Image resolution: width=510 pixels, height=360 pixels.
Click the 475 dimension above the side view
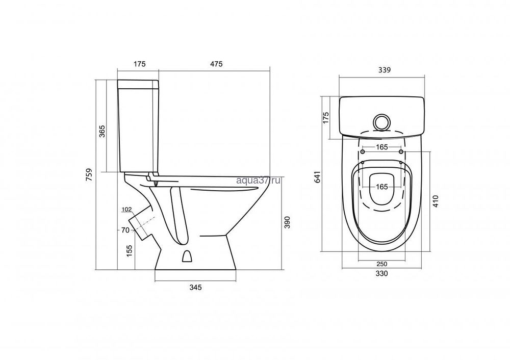click(x=216, y=64)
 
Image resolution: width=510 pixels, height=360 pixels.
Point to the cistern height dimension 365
click(x=102, y=131)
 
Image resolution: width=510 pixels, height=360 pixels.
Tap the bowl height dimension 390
click(x=287, y=222)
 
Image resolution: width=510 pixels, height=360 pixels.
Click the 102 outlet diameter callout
click(x=126, y=210)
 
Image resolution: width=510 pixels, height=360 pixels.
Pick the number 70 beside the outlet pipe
click(x=125, y=230)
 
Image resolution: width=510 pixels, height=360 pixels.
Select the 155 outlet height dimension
click(x=130, y=251)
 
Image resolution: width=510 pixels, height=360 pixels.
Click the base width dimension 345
click(x=195, y=287)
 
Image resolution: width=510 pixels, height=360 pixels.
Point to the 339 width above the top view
click(x=385, y=70)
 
